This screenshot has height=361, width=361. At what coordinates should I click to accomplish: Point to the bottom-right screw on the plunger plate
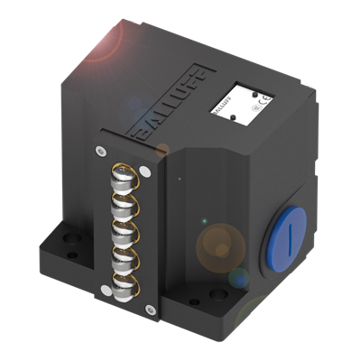(149, 311)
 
